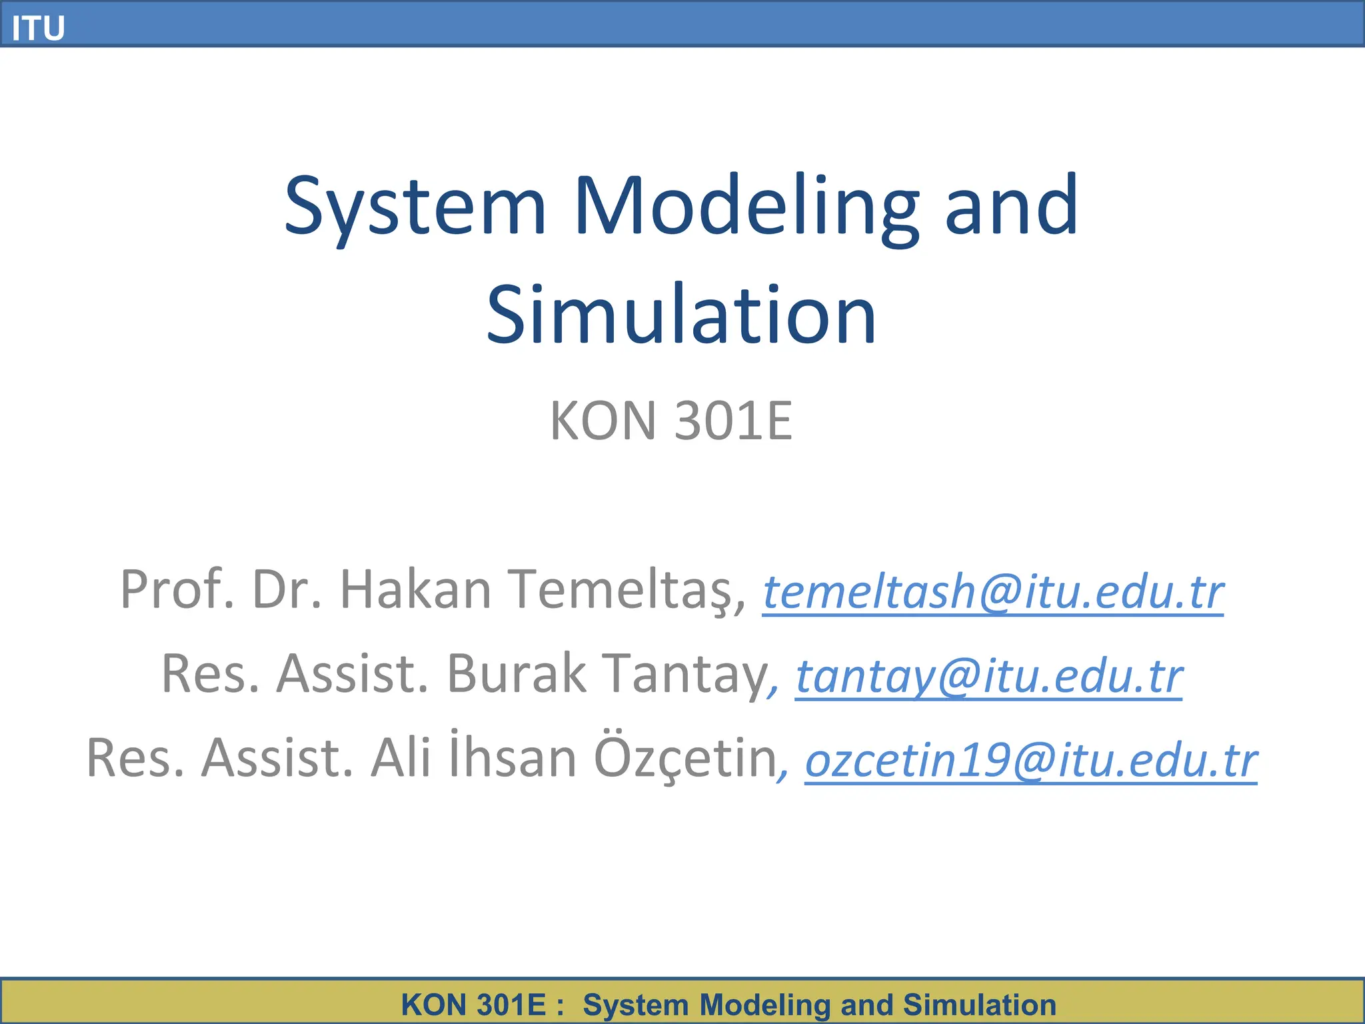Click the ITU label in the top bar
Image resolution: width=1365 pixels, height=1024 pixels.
coord(38,28)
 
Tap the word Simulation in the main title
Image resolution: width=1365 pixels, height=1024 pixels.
coord(681,315)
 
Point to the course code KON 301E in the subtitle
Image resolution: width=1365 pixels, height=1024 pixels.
coord(671,421)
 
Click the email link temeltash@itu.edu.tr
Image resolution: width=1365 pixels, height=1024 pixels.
coord(993,592)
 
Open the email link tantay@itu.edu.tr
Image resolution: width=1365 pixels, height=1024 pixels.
coord(989,676)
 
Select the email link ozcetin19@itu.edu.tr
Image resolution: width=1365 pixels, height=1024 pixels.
coord(1031,761)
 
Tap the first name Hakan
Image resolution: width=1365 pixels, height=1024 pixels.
coord(415,590)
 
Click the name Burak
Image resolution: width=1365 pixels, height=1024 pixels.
coord(517,674)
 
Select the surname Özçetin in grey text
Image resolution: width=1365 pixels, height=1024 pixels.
coord(686,759)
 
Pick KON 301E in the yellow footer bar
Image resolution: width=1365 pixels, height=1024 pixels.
coord(474,1005)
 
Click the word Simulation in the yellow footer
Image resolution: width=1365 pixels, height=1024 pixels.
coord(979,1005)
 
